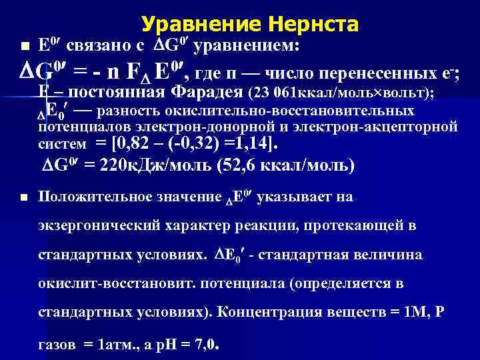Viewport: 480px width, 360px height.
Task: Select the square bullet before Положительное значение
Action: pyautogui.click(x=25, y=198)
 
